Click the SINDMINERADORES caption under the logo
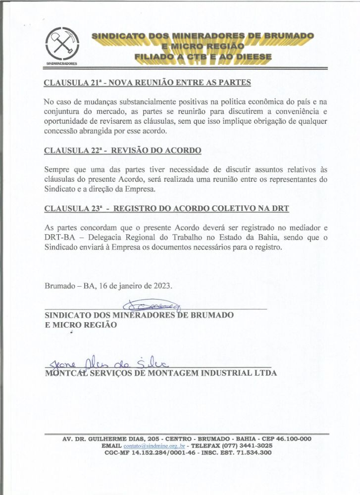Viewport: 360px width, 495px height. [61, 64]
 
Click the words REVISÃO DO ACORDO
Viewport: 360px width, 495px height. [157, 150]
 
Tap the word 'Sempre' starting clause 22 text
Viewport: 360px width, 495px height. [56, 169]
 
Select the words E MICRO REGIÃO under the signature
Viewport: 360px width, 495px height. [81, 325]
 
